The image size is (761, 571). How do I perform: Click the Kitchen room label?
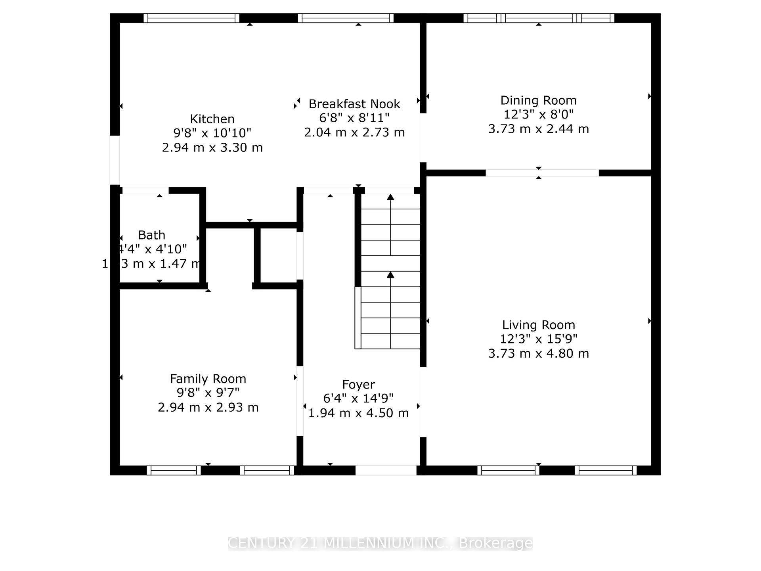tap(212, 119)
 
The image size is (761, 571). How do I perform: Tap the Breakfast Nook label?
tap(354, 104)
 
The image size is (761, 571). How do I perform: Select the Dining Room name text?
tap(538, 100)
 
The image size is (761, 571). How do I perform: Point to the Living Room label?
tap(538, 325)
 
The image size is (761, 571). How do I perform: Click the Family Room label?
tap(208, 379)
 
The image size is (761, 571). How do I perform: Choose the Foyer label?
tap(358, 384)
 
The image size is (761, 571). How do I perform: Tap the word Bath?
tap(151, 235)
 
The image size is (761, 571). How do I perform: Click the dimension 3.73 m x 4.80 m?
tap(538, 353)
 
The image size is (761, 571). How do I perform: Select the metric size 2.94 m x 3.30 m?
tap(212, 148)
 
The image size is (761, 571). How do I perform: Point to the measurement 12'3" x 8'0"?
tap(538, 115)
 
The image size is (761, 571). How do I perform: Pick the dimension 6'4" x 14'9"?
tap(358, 398)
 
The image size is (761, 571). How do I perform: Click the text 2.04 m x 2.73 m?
tap(354, 132)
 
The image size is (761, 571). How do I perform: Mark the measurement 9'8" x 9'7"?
tap(208, 393)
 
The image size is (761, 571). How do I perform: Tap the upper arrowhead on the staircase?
tap(390, 197)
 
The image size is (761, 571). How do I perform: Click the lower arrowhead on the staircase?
tap(390, 274)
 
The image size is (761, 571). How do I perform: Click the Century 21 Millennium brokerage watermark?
tap(380, 543)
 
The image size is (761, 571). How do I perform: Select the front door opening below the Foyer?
tap(386, 470)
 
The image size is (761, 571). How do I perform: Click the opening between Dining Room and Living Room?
tap(542, 173)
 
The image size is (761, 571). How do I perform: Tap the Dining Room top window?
tap(539, 18)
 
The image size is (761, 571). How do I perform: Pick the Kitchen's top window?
tap(191, 18)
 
